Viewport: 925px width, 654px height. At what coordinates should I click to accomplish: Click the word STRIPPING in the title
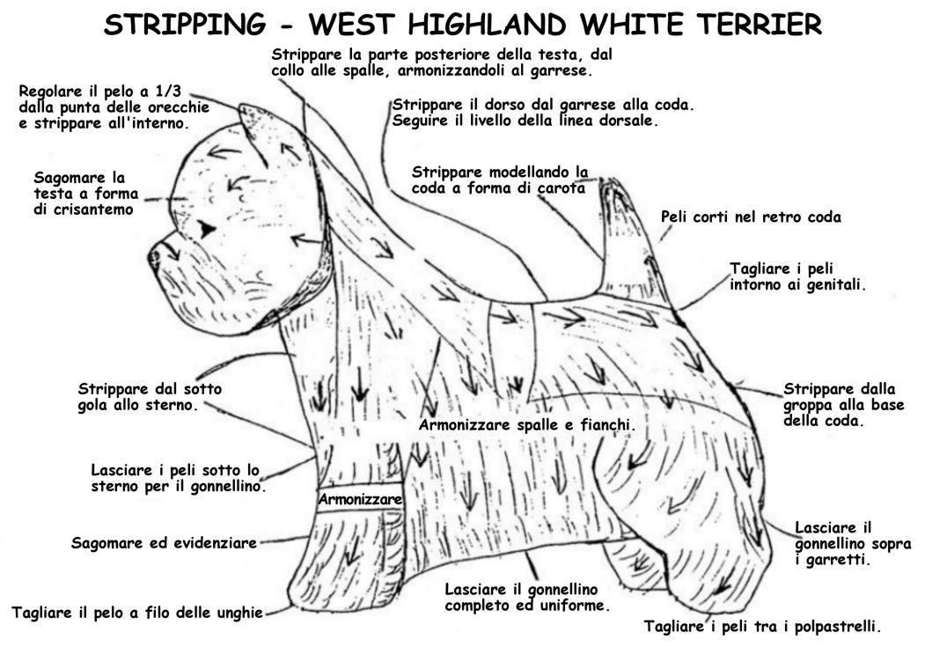tap(185, 25)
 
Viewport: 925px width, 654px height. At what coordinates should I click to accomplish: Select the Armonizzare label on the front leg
tap(361, 499)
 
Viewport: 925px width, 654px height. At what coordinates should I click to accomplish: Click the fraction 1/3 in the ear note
tap(167, 92)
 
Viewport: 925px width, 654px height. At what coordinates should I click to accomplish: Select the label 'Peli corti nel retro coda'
tap(751, 217)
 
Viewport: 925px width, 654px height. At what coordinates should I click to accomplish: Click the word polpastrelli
tap(838, 626)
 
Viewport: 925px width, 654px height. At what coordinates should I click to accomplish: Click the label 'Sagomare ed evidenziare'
tap(164, 542)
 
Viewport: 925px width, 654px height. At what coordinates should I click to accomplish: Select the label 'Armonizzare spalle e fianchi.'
tap(526, 425)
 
